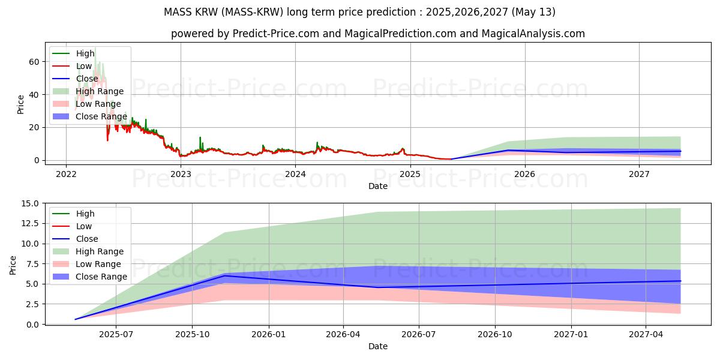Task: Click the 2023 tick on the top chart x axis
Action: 181,174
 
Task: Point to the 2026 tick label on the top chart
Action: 525,174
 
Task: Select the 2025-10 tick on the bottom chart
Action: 192,335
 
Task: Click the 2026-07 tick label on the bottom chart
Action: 419,335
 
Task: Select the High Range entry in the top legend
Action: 100,91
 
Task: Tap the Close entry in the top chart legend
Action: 88,79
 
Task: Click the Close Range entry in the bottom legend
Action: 101,277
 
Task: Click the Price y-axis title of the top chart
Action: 20,104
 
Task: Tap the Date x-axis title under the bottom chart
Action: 378,346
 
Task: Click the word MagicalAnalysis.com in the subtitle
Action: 533,34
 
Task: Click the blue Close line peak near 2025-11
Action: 224,275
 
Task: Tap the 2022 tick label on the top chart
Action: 66,174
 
